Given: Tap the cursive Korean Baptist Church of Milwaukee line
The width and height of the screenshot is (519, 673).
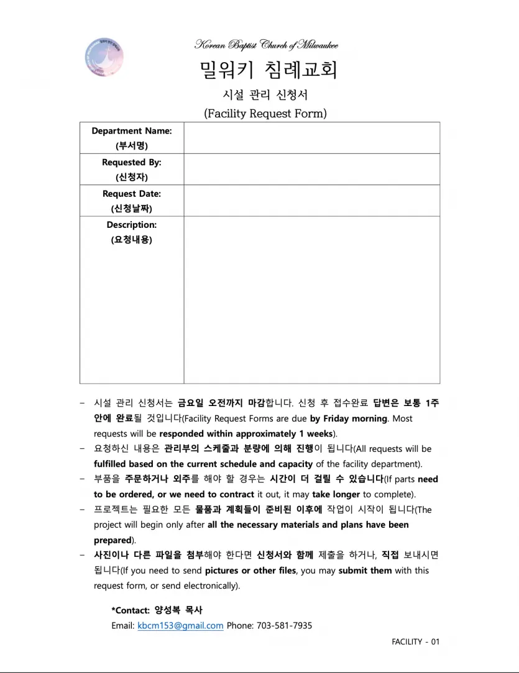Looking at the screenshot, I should coord(267,45).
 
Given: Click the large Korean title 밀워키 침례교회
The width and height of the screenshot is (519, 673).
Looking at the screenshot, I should coord(269,70).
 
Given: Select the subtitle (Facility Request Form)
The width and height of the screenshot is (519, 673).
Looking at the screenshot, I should coord(265,113).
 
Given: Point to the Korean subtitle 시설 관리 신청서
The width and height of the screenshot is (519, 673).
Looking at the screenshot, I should coord(265,95).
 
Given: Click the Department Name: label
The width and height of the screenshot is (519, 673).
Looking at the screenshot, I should coord(132,131).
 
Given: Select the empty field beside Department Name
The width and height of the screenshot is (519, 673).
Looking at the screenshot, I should coord(311,138).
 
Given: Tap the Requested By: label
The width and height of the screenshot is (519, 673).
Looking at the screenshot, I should coord(132,163).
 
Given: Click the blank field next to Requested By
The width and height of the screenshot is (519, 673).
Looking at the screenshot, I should coord(311,169).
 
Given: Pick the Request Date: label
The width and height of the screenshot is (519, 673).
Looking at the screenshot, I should coord(132,194).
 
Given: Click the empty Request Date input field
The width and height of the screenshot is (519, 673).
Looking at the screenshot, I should coord(311,200).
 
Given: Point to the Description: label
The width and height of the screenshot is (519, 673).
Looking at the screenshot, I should coord(132,225).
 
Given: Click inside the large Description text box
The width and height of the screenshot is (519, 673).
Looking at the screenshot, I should coord(311,299).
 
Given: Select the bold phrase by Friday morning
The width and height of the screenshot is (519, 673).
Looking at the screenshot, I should coord(348,418).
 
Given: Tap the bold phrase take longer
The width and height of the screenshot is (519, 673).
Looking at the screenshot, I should coord(336,494).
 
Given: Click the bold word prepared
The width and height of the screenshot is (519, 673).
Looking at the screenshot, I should coord(113,540).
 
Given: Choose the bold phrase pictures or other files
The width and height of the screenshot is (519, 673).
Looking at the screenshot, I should coord(251,571).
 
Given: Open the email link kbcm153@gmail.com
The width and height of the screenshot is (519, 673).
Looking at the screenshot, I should coord(180,626).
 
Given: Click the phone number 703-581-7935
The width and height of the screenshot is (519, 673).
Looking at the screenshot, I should coord(284,626).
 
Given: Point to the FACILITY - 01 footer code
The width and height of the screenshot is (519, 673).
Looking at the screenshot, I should coord(415,642).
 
